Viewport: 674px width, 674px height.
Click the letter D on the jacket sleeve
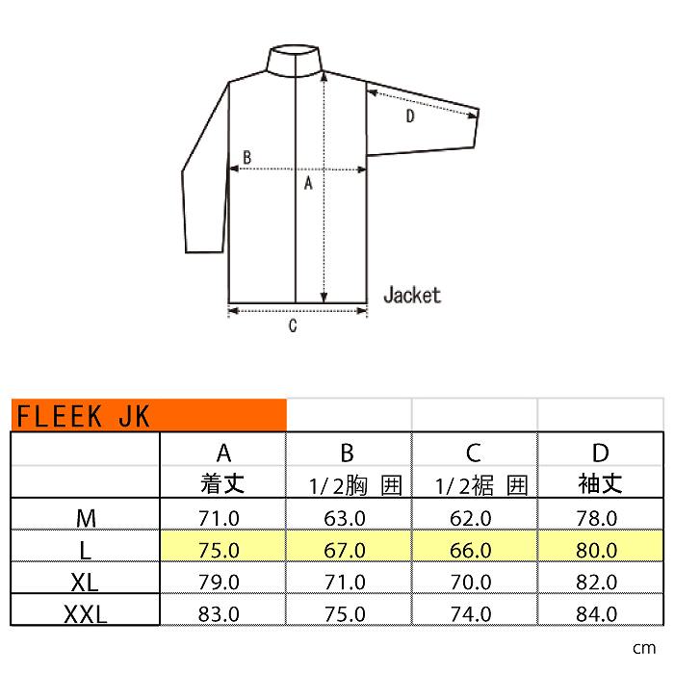[410, 117]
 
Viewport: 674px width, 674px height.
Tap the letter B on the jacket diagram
[247, 157]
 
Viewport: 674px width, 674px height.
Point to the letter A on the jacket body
[308, 184]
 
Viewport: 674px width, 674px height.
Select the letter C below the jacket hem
[293, 325]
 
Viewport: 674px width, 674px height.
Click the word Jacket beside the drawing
[412, 296]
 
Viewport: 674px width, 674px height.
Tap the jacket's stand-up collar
[295, 61]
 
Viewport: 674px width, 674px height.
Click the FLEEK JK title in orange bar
[83, 416]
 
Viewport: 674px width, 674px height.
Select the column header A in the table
[223, 453]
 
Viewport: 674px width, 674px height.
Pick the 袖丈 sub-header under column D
[600, 484]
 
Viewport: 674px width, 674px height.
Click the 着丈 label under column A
[222, 484]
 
